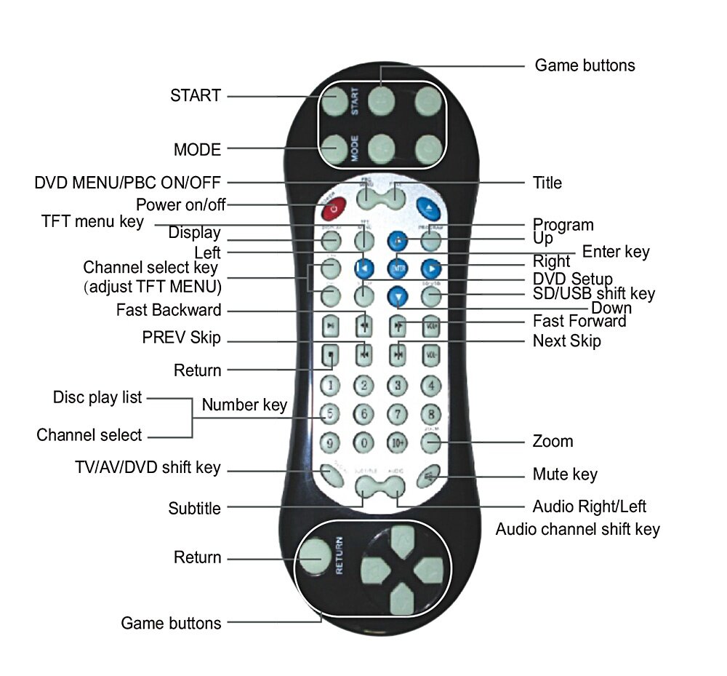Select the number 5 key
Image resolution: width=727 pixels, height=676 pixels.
(x=330, y=414)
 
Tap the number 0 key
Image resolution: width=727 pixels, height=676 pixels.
(x=363, y=442)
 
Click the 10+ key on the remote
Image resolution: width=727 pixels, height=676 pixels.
(x=398, y=442)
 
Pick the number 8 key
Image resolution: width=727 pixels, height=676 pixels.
(x=432, y=414)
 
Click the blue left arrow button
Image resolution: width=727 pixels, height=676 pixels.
(x=363, y=268)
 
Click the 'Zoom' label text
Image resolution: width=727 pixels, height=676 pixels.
(x=553, y=442)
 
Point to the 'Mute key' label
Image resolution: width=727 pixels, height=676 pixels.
(x=565, y=475)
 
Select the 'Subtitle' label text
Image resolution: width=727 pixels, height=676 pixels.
(x=194, y=509)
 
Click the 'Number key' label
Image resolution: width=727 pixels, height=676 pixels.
(x=244, y=405)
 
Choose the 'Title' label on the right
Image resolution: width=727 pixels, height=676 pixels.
(x=547, y=183)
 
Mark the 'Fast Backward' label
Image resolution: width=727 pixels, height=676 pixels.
(x=169, y=311)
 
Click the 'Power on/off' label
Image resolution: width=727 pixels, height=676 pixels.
(x=181, y=204)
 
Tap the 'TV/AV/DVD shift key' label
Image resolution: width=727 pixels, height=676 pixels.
(x=148, y=468)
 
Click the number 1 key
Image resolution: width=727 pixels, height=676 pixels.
(x=330, y=386)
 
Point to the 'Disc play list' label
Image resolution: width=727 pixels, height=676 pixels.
(x=97, y=398)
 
